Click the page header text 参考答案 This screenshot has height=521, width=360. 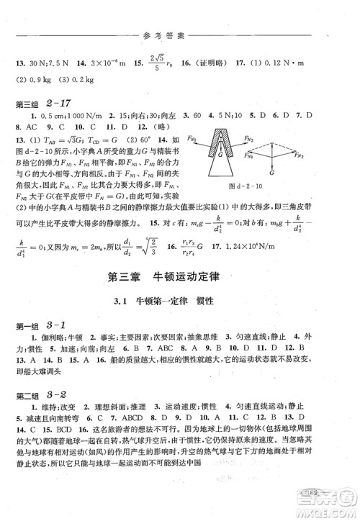tap(180, 14)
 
